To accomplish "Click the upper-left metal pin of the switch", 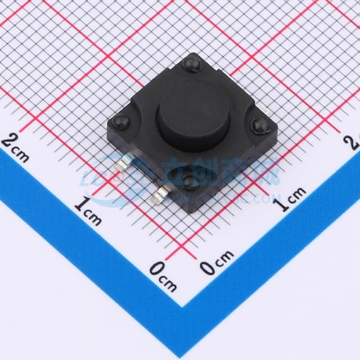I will (122, 166).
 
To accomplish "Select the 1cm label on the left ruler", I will (89, 211).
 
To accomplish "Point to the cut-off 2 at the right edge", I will (355, 141).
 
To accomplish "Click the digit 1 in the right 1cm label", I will (283, 203).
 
